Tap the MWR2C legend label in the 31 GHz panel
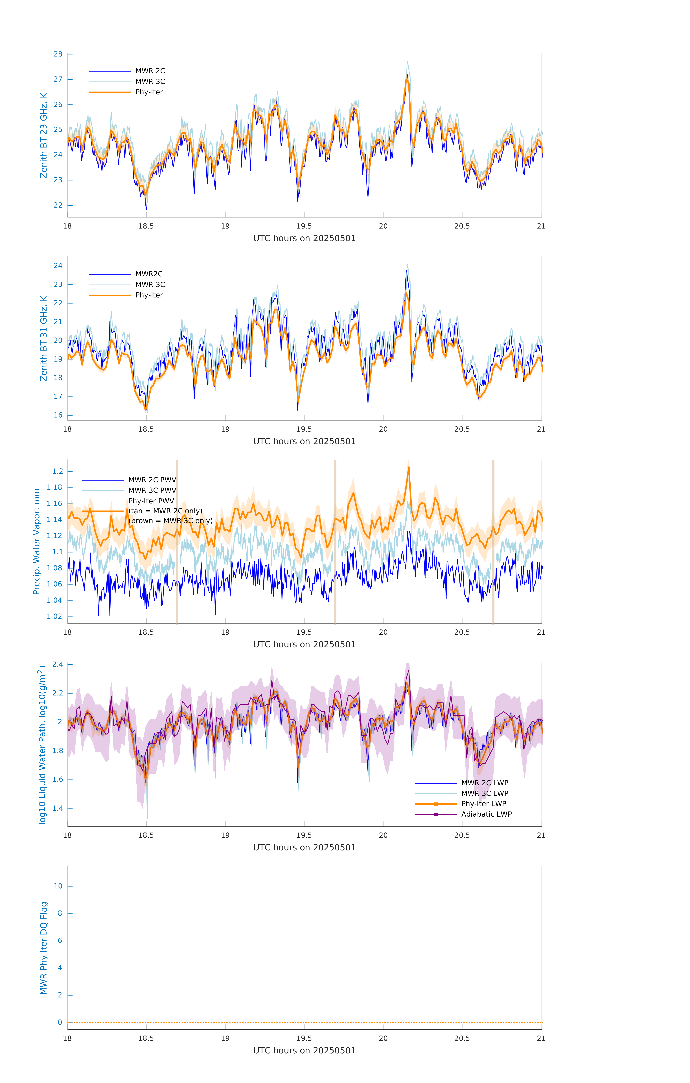click(149, 274)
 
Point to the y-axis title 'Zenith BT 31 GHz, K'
click(44, 338)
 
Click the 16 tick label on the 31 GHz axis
click(58, 415)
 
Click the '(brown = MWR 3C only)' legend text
click(170, 521)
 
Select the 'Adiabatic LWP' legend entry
click(486, 814)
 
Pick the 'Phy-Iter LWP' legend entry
click(484, 804)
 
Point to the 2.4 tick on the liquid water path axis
click(58, 664)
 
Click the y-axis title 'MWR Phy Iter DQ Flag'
click(44, 948)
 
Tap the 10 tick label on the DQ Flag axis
click(58, 886)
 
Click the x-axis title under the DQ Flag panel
click(304, 1051)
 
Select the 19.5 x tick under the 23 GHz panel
click(304, 226)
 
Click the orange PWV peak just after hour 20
click(409, 468)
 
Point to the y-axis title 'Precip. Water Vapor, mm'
click(37, 541)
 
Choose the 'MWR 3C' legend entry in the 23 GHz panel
click(150, 81)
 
